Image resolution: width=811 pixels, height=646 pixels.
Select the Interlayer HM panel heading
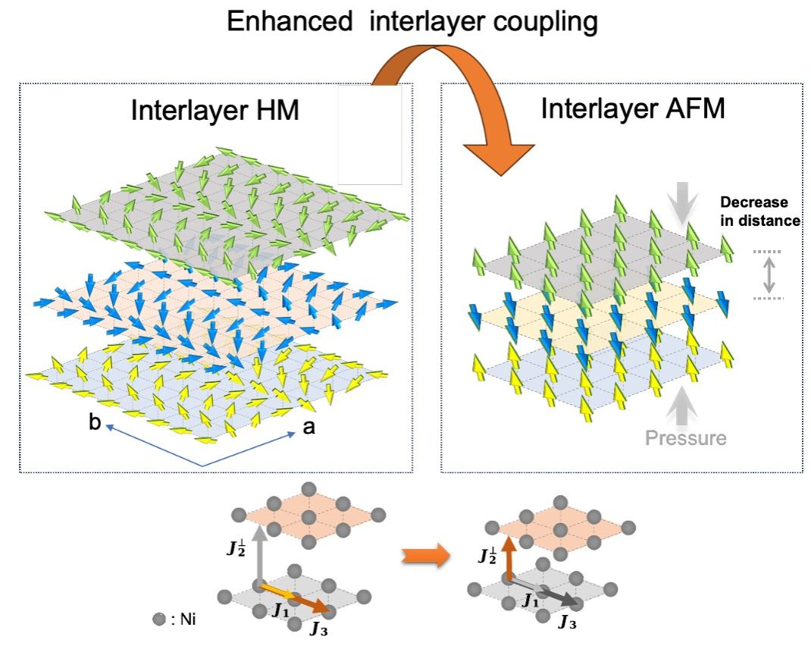click(214, 111)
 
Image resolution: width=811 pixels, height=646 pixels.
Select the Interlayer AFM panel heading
click(633, 108)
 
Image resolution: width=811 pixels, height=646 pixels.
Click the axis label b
click(95, 423)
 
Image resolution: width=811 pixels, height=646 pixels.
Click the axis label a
click(308, 427)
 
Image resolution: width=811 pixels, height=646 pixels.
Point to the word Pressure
click(686, 437)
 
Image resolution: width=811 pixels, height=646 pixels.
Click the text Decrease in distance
click(759, 212)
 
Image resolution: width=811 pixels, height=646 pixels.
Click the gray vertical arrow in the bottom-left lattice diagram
click(259, 554)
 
